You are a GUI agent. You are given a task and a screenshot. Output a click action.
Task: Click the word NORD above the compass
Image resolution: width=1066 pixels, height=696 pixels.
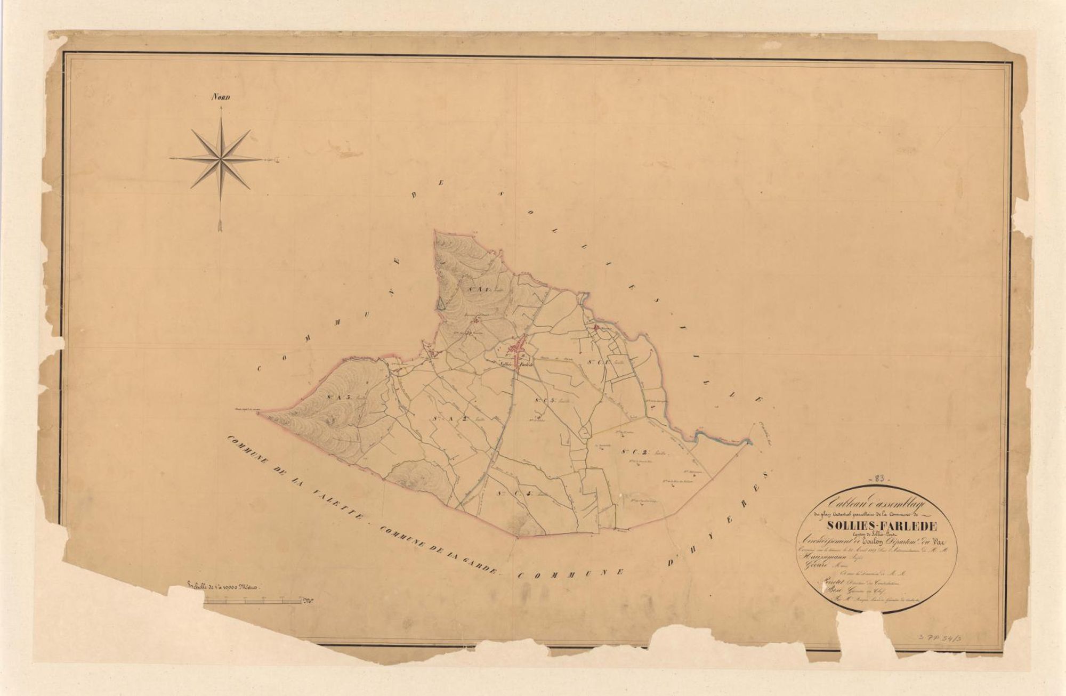pos(220,98)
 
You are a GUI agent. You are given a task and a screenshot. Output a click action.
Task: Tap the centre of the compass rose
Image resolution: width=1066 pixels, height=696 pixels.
pos(220,158)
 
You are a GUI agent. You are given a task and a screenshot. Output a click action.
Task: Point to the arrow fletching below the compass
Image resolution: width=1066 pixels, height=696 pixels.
pos(220,226)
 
